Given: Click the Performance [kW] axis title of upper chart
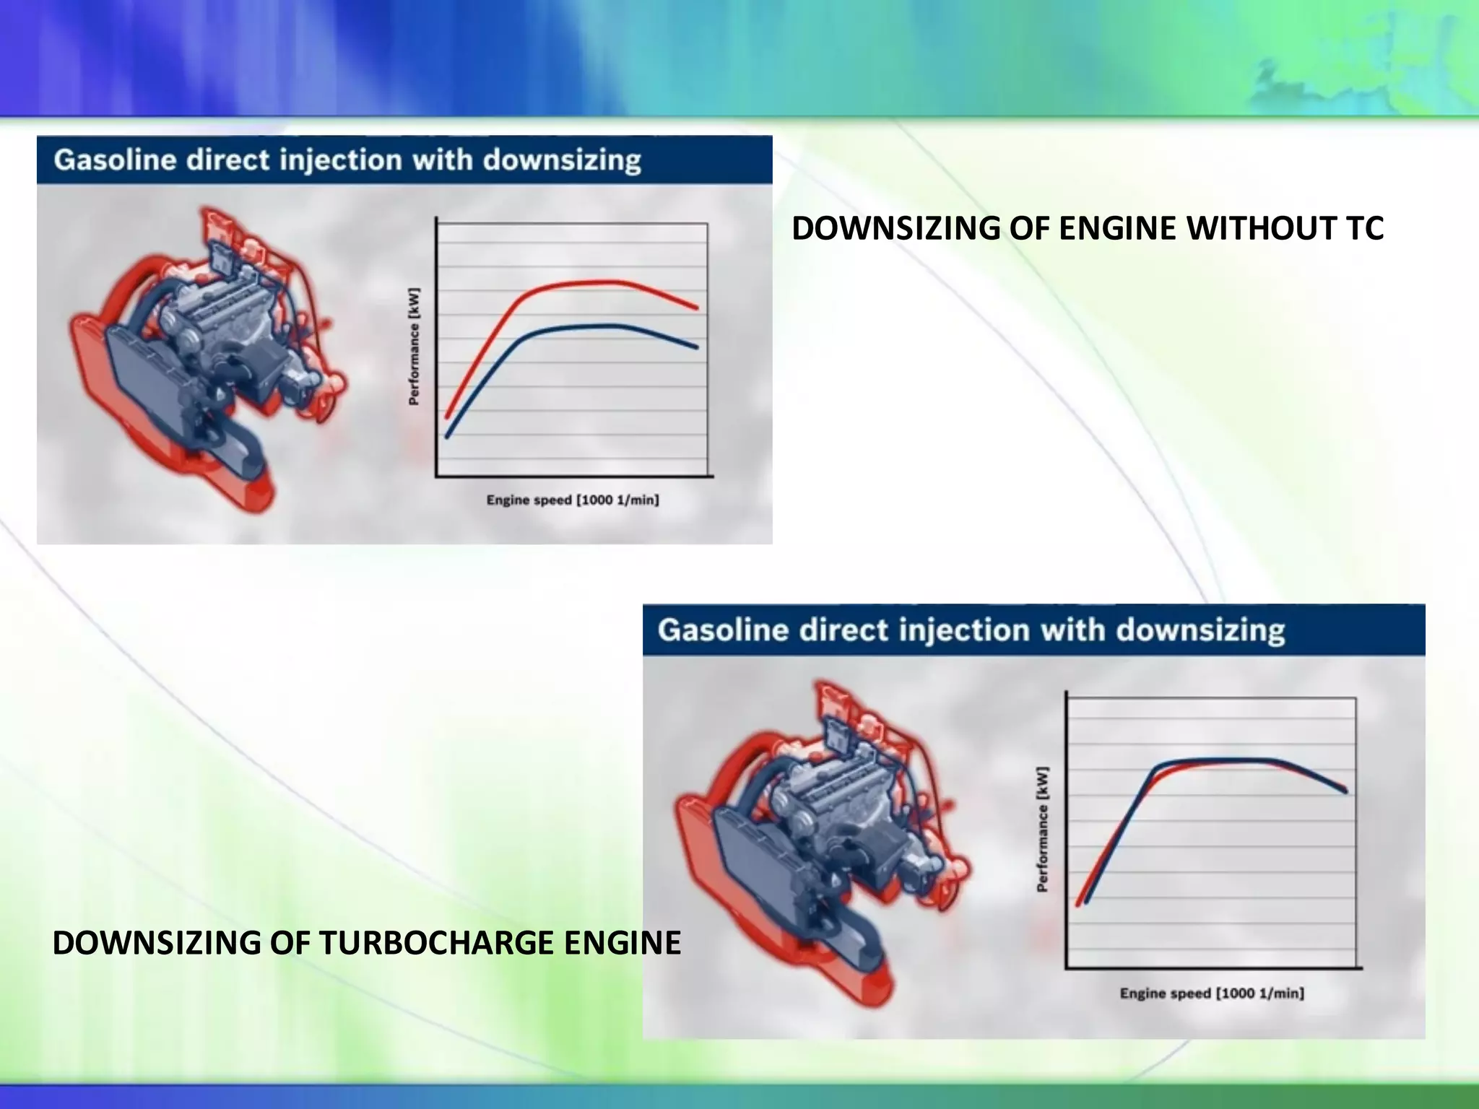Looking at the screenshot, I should [414, 347].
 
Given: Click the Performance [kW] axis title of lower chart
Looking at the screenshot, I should [1042, 829].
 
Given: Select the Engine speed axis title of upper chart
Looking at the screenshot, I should [572, 500].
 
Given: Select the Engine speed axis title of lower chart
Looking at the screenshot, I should [1212, 993].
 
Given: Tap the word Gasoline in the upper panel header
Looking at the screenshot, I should [116, 160].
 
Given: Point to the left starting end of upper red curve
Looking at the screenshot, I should [448, 416].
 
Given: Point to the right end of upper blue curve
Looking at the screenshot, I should [696, 347].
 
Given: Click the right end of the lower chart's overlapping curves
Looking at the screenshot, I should [1345, 790].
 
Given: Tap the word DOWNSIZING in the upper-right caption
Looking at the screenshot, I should [895, 228].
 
